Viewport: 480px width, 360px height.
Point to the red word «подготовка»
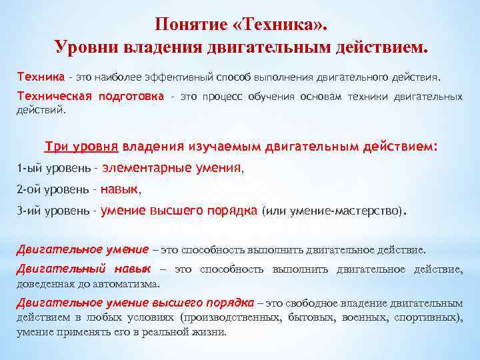point(131,97)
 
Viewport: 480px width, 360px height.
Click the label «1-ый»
point(28,169)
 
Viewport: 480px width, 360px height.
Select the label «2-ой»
point(29,190)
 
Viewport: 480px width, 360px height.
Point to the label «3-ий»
point(29,211)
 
